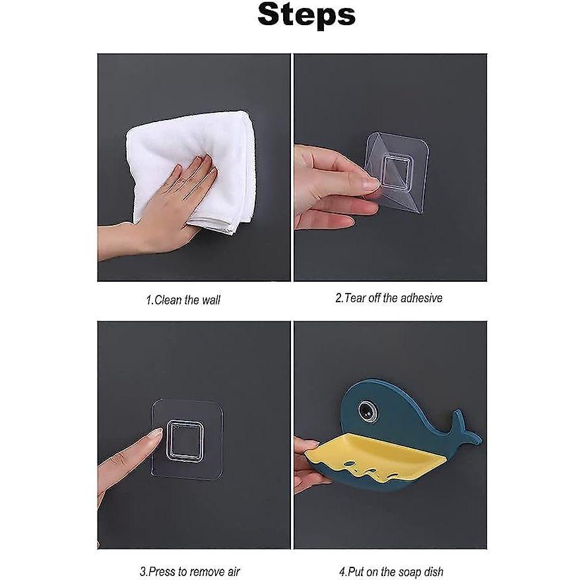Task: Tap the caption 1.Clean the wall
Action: pyautogui.click(x=183, y=300)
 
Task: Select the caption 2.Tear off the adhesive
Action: pyautogui.click(x=389, y=298)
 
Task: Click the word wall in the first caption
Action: pyautogui.click(x=210, y=300)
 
